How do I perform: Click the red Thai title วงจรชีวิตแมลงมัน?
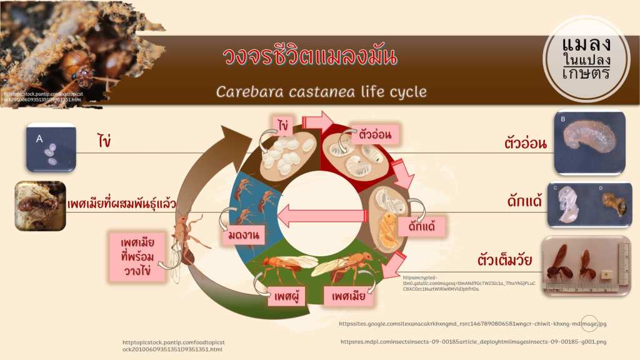point(309,57)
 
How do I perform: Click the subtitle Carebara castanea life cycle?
point(321,92)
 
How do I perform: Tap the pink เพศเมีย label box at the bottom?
point(348,296)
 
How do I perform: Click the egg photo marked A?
point(51,147)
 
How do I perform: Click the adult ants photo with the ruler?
point(585,266)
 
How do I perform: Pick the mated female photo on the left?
point(40,206)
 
